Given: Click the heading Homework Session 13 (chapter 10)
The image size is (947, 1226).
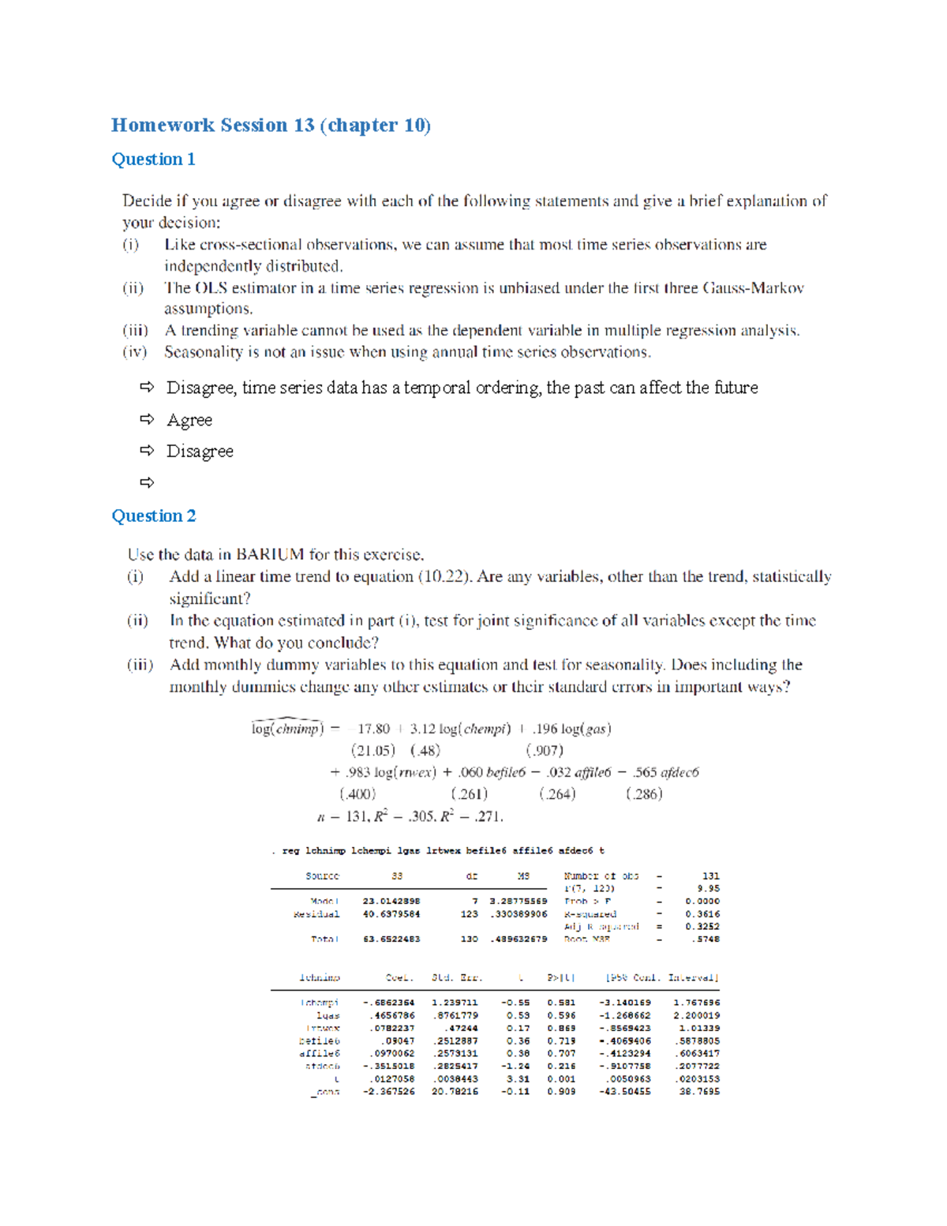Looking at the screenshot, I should pos(271,126).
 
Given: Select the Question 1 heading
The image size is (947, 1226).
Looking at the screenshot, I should pos(153,159).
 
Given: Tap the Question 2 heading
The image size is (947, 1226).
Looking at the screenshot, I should pos(154,516).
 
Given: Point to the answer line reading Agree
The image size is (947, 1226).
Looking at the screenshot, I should pos(189,420).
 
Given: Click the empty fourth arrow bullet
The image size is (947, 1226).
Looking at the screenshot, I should pos(147,482).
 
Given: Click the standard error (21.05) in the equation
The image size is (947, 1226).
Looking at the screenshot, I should pos(372,751).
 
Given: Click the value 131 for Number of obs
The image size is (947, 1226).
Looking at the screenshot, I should pos(710,876).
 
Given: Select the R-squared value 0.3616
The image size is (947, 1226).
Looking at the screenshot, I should pos(702,914).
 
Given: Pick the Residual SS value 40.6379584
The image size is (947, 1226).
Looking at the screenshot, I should pos(391,914).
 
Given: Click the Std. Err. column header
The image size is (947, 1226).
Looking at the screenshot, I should pos(457,978).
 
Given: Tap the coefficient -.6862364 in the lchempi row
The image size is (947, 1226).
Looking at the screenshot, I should pos(389,1003).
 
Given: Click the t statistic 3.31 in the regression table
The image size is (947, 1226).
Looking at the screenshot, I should pos(518,1079).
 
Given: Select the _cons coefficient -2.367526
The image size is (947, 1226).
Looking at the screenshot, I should pos(389,1092).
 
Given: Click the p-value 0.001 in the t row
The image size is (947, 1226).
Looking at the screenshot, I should pos(561,1079).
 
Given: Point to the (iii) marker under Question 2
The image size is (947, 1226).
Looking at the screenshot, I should pos(140,665).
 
